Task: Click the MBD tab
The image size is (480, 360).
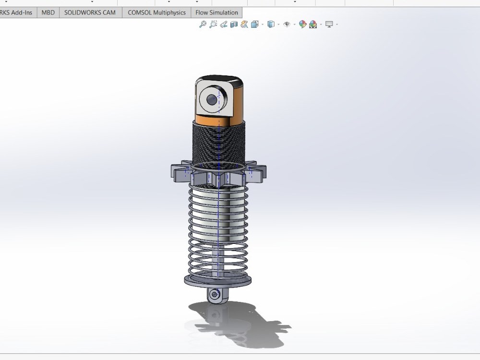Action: (x=48, y=12)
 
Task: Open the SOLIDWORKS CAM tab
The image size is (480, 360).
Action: (x=90, y=12)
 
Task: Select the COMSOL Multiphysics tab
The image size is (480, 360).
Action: (x=156, y=12)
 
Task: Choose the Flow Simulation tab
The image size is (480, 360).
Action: (x=216, y=12)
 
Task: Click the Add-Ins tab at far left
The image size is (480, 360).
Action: (x=17, y=12)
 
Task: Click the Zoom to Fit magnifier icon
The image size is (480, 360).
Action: (x=203, y=24)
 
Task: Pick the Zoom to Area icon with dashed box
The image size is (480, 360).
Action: (x=213, y=24)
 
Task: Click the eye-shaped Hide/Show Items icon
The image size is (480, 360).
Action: (x=287, y=24)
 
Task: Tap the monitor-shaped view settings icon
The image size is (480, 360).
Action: (x=329, y=24)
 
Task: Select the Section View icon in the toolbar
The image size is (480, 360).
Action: (x=234, y=24)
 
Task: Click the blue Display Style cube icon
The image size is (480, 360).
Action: (x=271, y=24)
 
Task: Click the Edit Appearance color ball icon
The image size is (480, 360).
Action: (x=302, y=24)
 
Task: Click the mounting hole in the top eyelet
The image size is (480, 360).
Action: (x=212, y=100)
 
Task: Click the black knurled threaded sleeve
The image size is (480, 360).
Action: (x=218, y=142)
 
